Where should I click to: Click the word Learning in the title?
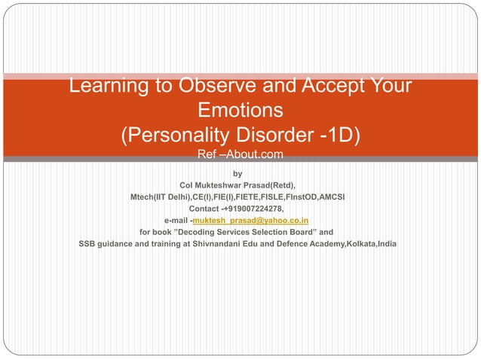point(106,86)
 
